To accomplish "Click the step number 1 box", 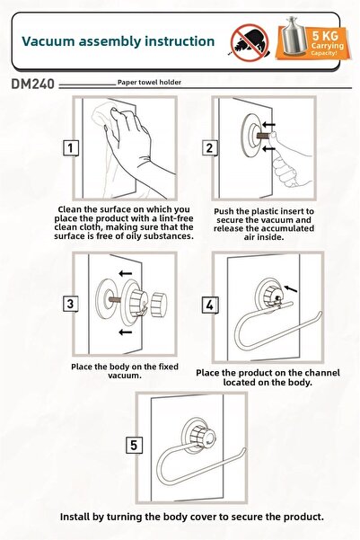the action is (71, 148).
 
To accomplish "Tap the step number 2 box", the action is (209, 148).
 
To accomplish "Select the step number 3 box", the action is (71, 304).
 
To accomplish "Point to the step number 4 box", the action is (209, 305).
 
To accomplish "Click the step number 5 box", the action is (134, 445).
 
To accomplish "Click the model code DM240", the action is (33, 84).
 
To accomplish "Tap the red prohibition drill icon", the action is (250, 43).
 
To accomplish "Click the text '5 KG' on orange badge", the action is (325, 35).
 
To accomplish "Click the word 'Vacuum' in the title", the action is (48, 41).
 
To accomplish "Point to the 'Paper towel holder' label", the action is (149, 83).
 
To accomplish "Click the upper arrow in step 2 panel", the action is (268, 124).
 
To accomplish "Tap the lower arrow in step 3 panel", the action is (126, 332).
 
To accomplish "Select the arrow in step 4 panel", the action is (291, 288).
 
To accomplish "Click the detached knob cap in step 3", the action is (159, 304).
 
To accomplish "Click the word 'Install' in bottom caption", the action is (73, 517).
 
